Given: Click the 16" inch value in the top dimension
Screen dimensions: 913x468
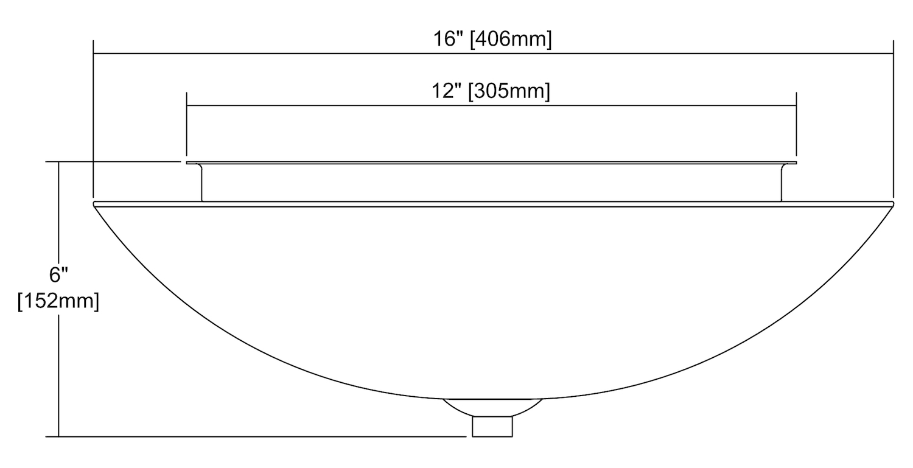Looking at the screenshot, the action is pyautogui.click(x=449, y=40).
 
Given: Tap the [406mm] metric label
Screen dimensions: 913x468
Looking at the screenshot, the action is pyautogui.click(x=511, y=40).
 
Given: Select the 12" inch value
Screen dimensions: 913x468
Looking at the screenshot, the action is pyautogui.click(x=447, y=91).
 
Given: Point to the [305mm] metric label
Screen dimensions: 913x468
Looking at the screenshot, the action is pyautogui.click(x=509, y=91).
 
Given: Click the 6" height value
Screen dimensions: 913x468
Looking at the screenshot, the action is pyautogui.click(x=58, y=274).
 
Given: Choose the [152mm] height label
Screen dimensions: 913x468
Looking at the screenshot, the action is pyautogui.click(x=58, y=302).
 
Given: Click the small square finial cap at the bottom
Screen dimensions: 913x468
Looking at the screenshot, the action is pyautogui.click(x=492, y=427).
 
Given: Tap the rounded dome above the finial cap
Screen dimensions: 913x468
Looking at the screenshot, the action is pyautogui.click(x=492, y=408).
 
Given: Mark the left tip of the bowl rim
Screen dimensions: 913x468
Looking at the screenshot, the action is pyautogui.click(x=94, y=204).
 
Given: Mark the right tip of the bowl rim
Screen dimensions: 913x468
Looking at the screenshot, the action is pyautogui.click(x=894, y=204).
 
